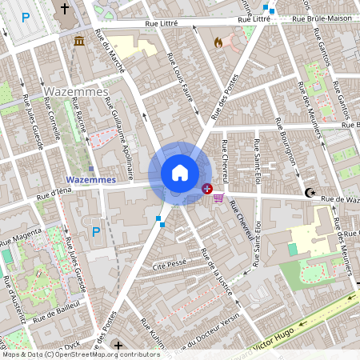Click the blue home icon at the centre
point(180,173)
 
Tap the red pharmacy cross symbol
point(207,190)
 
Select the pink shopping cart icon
point(218,197)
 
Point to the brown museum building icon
point(79,41)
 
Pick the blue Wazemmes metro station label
point(90,180)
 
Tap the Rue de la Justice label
point(216,272)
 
